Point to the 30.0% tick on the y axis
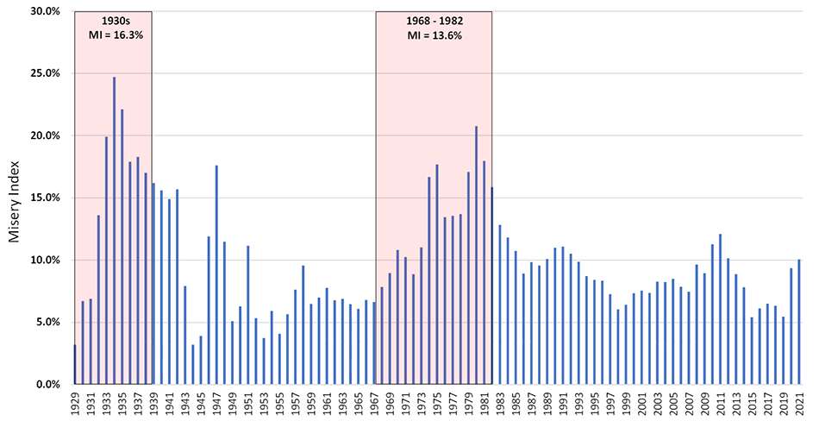pos(42,11)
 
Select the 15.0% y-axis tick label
pos(42,198)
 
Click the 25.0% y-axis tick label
pos(42,73)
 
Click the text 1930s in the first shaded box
pos(113,21)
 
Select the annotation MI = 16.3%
pos(113,35)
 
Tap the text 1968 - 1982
pos(434,21)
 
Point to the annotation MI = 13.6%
pos(434,35)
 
